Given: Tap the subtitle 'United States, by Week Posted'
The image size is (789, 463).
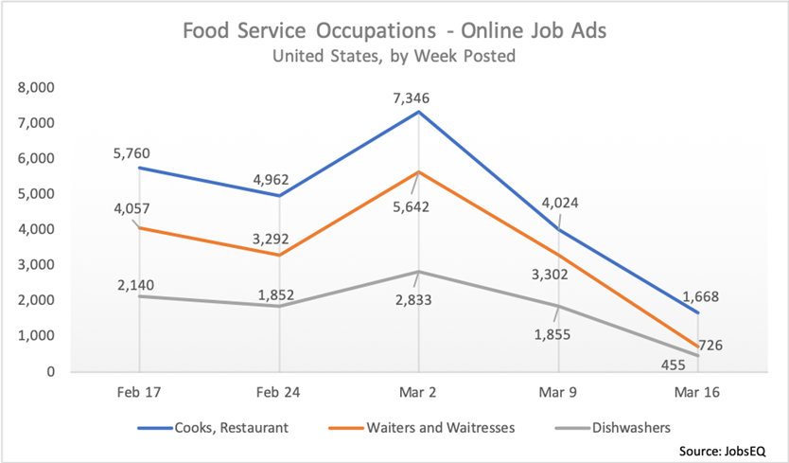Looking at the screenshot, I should tap(394, 56).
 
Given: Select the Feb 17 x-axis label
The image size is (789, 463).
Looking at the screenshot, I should tap(139, 390).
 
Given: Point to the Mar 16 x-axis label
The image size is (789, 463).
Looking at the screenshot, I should tap(696, 390).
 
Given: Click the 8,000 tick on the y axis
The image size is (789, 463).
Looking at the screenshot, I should tap(37, 88).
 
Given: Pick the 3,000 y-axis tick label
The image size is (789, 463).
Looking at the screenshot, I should tap(37, 265).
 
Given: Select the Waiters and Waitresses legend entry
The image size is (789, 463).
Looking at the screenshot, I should tap(426, 428).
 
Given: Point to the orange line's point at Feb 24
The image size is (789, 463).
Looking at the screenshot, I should tap(278, 255).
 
